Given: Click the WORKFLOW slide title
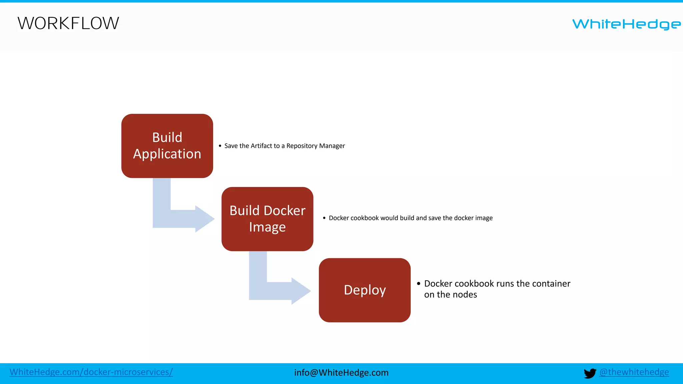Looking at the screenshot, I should click(x=68, y=23).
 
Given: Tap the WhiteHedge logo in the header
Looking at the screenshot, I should click(x=626, y=24).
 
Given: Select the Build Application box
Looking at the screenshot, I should click(x=167, y=146).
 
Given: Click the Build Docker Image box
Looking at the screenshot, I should click(x=267, y=219).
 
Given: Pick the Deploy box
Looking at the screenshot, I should click(x=365, y=290).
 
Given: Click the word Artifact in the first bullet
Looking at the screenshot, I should click(x=261, y=146).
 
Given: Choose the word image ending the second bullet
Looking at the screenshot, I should click(x=484, y=218).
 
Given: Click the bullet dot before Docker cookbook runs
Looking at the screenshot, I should click(x=419, y=284).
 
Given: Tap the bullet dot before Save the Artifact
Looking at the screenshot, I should click(x=220, y=146).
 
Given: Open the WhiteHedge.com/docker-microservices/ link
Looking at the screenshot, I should click(x=91, y=372).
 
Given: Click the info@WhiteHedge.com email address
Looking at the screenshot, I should click(x=341, y=373).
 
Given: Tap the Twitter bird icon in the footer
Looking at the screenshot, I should click(x=590, y=373).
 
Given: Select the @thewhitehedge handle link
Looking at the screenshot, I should click(x=634, y=372).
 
